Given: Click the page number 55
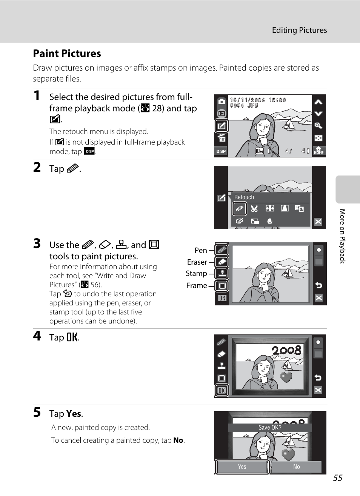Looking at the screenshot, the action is [x=338, y=478].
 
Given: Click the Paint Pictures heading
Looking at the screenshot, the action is [x=67, y=53].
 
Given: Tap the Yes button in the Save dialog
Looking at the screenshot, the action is [x=242, y=467].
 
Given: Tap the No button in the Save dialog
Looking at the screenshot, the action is [x=297, y=467].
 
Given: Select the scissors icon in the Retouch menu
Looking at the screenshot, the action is [x=254, y=209].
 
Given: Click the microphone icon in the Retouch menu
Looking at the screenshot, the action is [x=270, y=221].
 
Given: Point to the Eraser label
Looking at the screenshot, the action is [x=197, y=262].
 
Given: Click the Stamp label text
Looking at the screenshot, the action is [x=196, y=273].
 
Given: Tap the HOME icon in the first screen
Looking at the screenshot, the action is [x=318, y=151].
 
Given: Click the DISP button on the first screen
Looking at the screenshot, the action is [x=221, y=151].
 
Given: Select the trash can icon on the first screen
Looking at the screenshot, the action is [x=222, y=138].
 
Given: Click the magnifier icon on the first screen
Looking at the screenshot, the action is [x=318, y=126].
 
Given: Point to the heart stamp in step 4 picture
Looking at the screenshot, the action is [x=286, y=377].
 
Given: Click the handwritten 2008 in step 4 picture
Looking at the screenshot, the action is [x=286, y=350].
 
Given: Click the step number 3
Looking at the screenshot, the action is [x=37, y=243].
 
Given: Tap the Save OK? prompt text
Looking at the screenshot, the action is [x=270, y=427].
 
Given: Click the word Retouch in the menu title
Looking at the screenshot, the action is [x=244, y=197].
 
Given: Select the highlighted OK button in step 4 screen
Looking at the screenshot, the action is [x=222, y=390].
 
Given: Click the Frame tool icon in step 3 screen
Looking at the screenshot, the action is [x=222, y=286].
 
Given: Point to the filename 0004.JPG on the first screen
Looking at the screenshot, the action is [x=244, y=105].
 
